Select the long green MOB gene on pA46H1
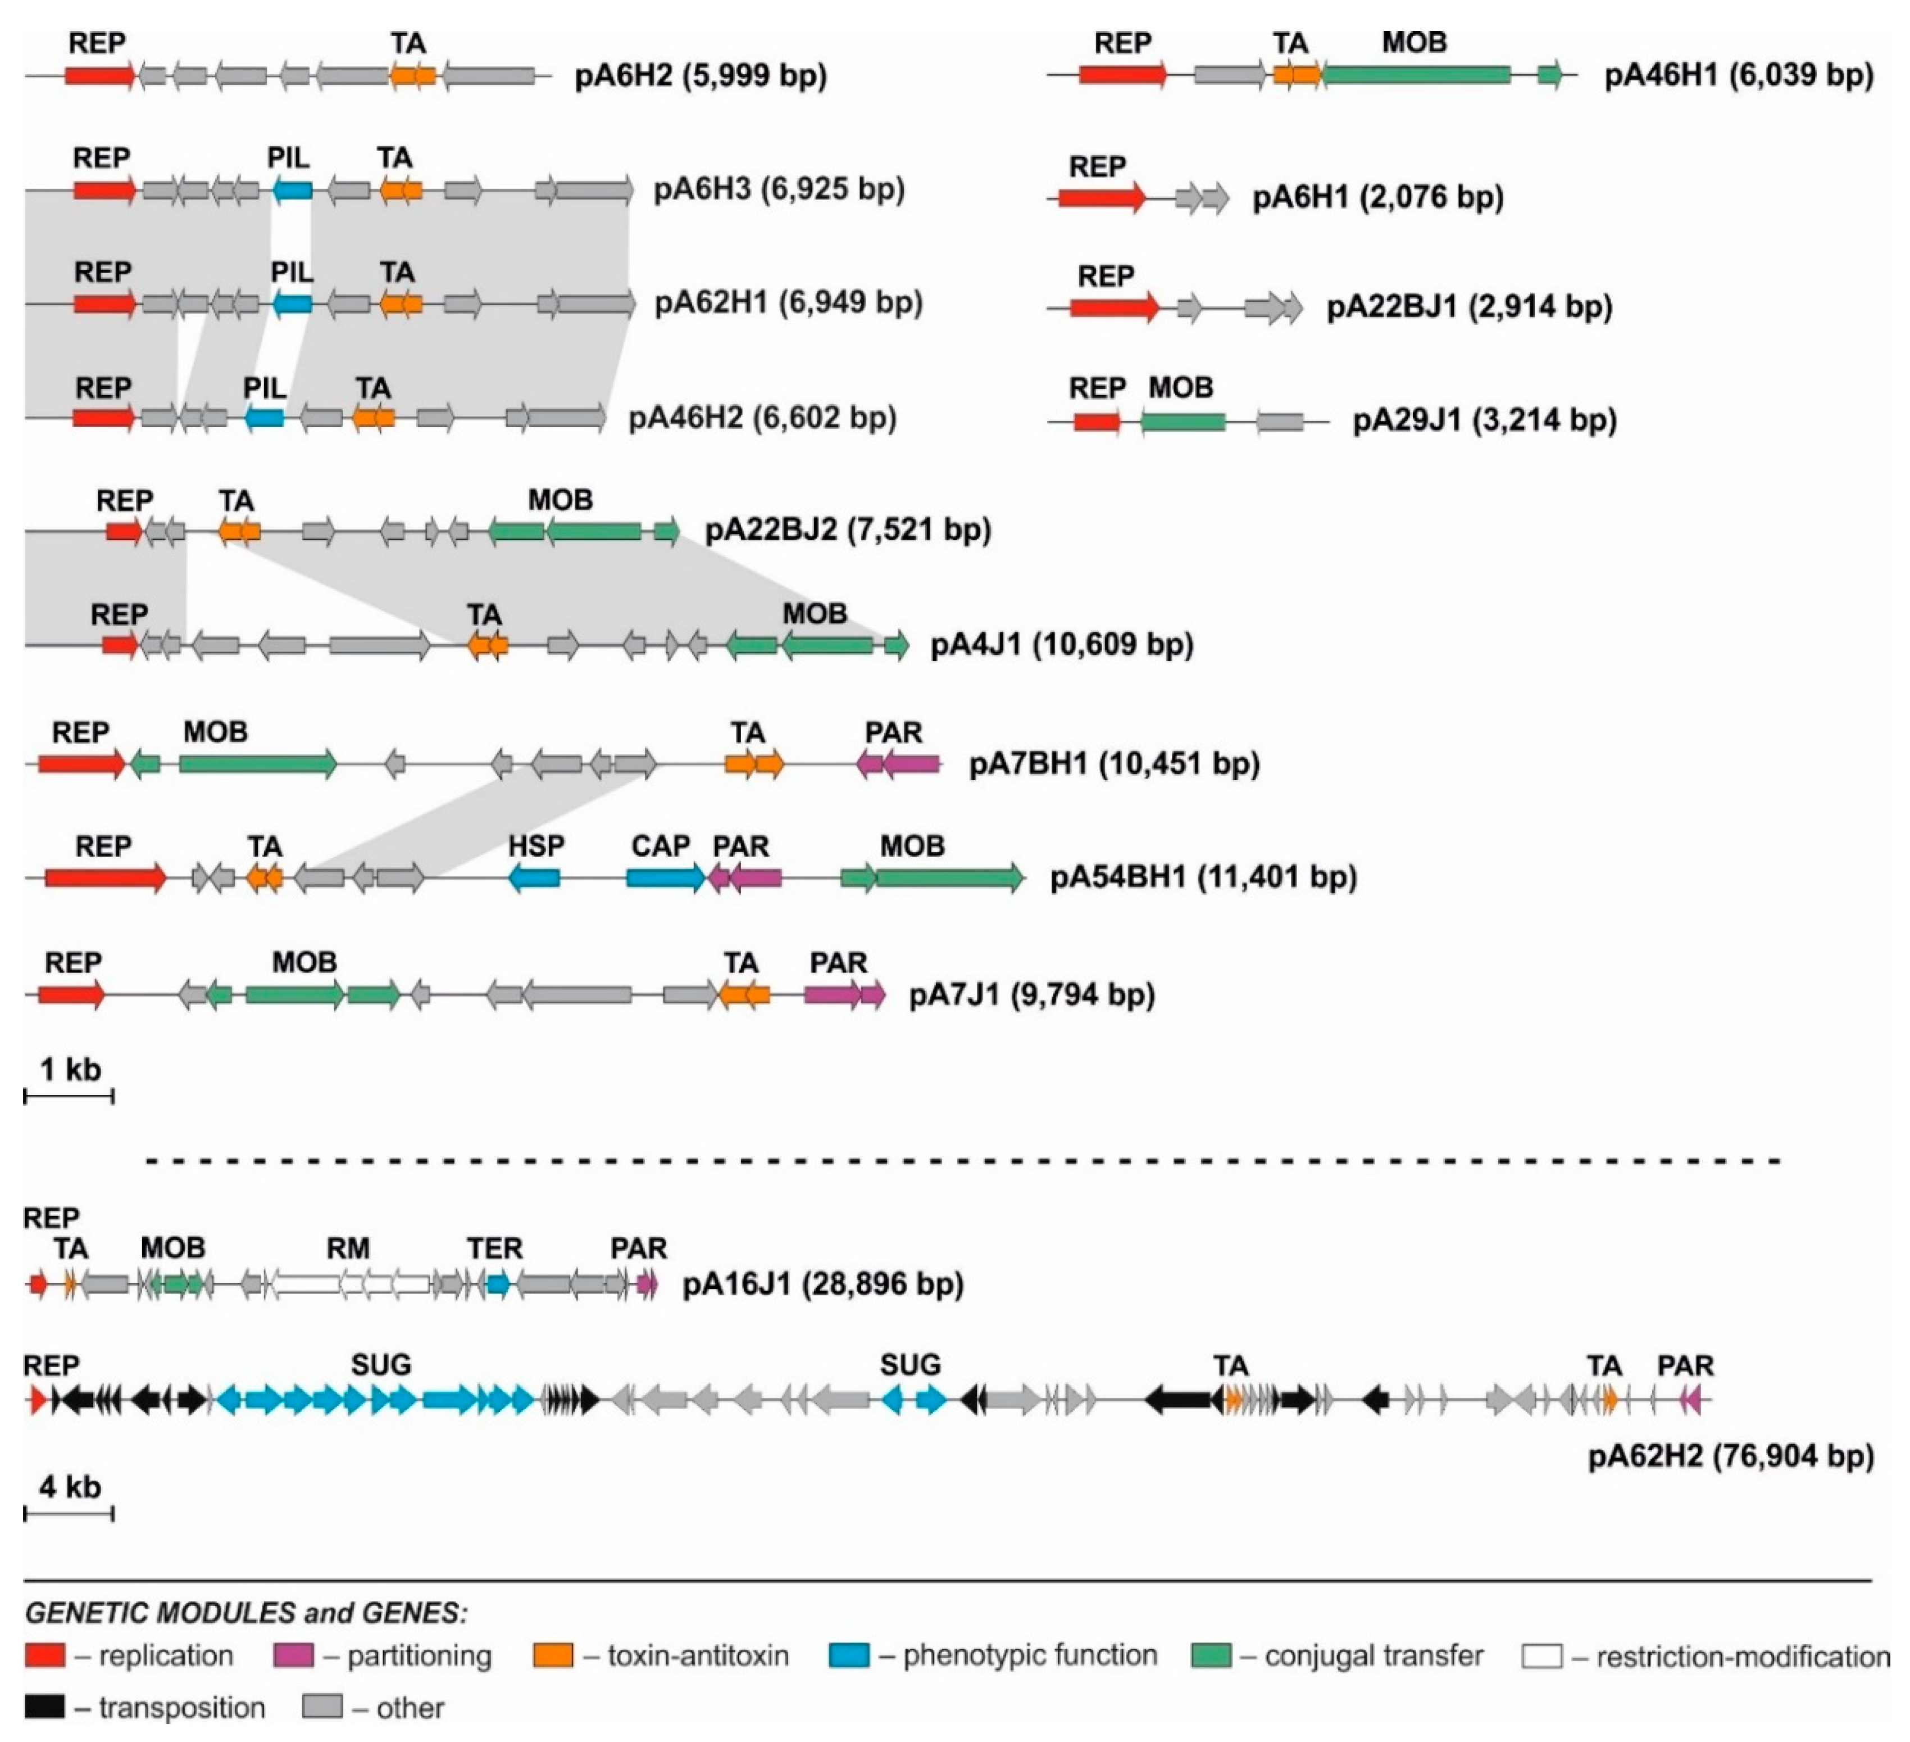pos(1416,75)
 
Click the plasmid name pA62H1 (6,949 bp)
pos(788,304)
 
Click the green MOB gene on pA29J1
pos(1183,422)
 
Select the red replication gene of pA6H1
pos(1101,198)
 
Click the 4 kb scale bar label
pos(70,1486)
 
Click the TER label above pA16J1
pos(494,1248)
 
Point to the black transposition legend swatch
pos(44,1707)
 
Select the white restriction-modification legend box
pos(1541,1656)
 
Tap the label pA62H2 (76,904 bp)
pos(1730,1456)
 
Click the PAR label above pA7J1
pos(839,963)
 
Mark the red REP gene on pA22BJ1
pos(1114,307)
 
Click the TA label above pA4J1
pos(484,615)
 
